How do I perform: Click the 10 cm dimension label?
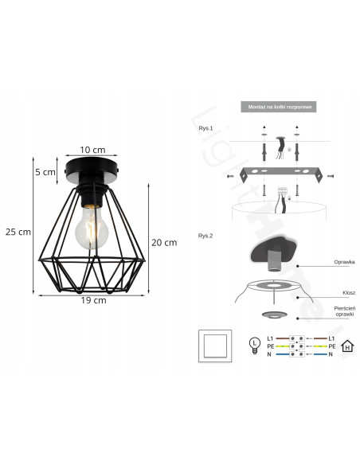(x=93, y=150)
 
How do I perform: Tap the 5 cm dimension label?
(x=45, y=171)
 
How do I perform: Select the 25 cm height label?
(x=18, y=232)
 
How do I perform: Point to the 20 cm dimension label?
(x=164, y=242)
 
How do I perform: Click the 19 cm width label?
(x=93, y=301)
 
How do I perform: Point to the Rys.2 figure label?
(x=207, y=236)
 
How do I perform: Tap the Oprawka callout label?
(x=323, y=261)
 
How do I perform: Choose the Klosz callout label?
(x=327, y=292)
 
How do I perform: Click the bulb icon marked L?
(x=254, y=344)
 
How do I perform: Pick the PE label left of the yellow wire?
(x=270, y=346)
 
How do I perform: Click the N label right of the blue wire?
(x=330, y=354)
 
